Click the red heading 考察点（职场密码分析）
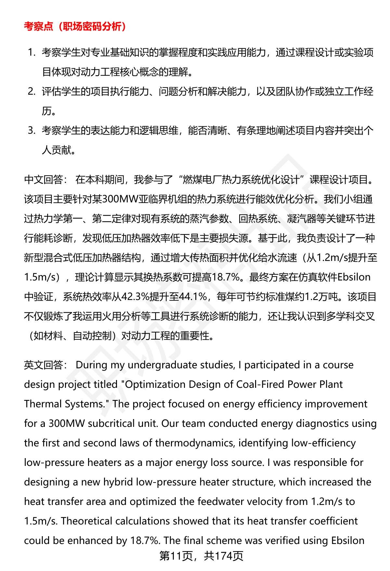pyautogui.click(x=75, y=26)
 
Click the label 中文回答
pyautogui.click(x=44, y=180)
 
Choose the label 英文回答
pyautogui.click(x=44, y=365)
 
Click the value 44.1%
pyautogui.click(x=193, y=297)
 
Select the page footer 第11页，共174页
pyautogui.click(x=201, y=556)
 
